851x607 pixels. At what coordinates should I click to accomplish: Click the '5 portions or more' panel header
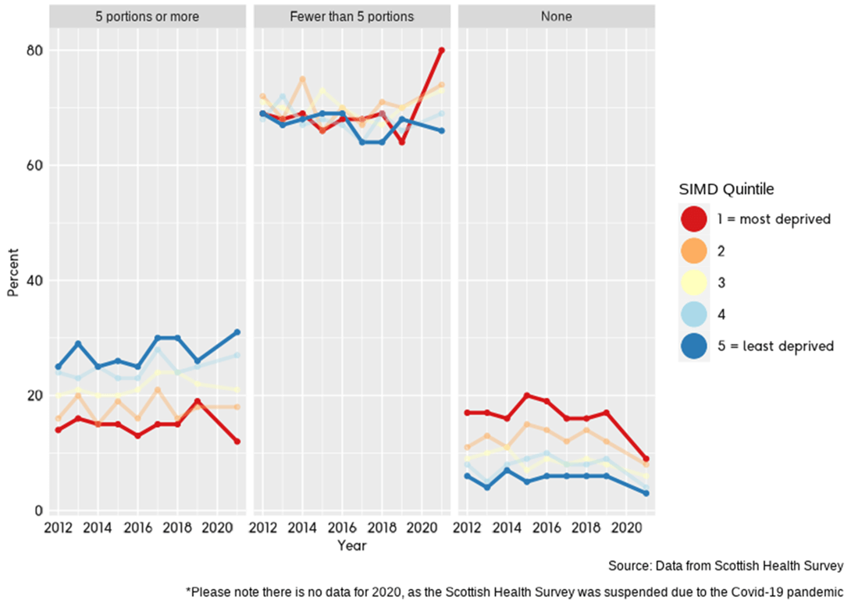(147, 16)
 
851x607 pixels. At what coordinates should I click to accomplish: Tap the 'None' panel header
(556, 16)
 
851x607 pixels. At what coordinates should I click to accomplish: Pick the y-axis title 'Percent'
(12, 279)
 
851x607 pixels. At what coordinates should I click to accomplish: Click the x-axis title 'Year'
(351, 546)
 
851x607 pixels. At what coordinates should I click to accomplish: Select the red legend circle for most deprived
(694, 219)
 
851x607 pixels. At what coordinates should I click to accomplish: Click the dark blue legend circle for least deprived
(694, 346)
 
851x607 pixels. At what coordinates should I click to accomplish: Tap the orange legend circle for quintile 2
(694, 251)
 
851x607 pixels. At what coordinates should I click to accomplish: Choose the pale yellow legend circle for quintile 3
(694, 282)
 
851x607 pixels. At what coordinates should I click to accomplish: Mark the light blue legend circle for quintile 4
(694, 314)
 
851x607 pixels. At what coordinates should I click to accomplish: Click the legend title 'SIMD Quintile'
(726, 189)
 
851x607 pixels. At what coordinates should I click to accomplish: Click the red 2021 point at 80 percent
(441, 50)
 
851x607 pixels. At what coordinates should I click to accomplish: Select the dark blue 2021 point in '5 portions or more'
(237, 332)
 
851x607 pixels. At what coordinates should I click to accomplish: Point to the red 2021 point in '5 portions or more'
(237, 442)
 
